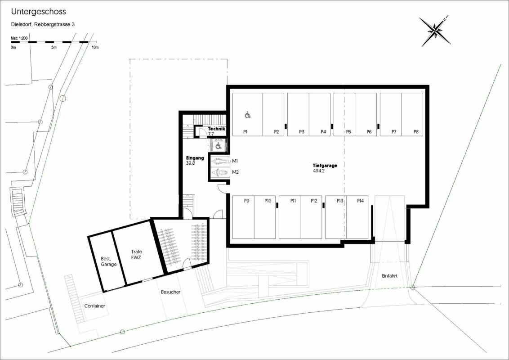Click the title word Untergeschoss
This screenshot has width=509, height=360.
tap(38, 12)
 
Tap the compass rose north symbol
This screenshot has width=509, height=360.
tap(435, 31)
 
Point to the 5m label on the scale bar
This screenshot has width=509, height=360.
tap(54, 47)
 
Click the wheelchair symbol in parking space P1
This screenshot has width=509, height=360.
tap(248, 114)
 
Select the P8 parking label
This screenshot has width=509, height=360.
tap(416, 131)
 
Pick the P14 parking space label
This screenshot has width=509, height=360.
tap(360, 201)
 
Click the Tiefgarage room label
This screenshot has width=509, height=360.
tap(325, 166)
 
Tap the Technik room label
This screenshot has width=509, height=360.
tap(217, 129)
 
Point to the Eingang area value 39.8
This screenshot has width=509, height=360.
tap(191, 163)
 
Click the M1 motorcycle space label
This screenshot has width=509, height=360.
tap(235, 161)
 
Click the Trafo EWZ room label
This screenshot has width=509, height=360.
tap(137, 254)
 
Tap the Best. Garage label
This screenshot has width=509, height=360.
tap(108, 261)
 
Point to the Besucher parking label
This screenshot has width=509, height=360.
tap(170, 292)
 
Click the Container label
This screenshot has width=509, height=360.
tap(95, 306)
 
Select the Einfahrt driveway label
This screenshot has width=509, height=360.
tap(389, 276)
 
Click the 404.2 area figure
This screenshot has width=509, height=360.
tap(318, 171)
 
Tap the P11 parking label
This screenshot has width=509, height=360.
tap(293, 201)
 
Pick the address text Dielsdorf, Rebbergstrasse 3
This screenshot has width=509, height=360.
tap(43, 24)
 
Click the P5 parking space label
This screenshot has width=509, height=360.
tap(348, 131)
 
